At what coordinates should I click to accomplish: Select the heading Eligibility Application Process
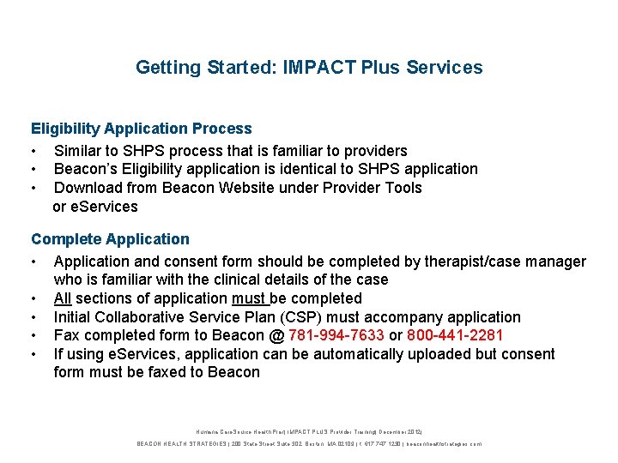tap(142, 129)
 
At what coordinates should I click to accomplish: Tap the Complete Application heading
tap(110, 239)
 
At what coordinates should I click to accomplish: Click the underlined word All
tap(62, 298)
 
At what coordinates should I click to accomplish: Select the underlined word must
tap(249, 298)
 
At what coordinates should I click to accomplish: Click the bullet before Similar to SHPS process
tap(35, 151)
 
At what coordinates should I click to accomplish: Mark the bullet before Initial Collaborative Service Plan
tap(35, 317)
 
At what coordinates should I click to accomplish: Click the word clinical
tap(228, 280)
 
